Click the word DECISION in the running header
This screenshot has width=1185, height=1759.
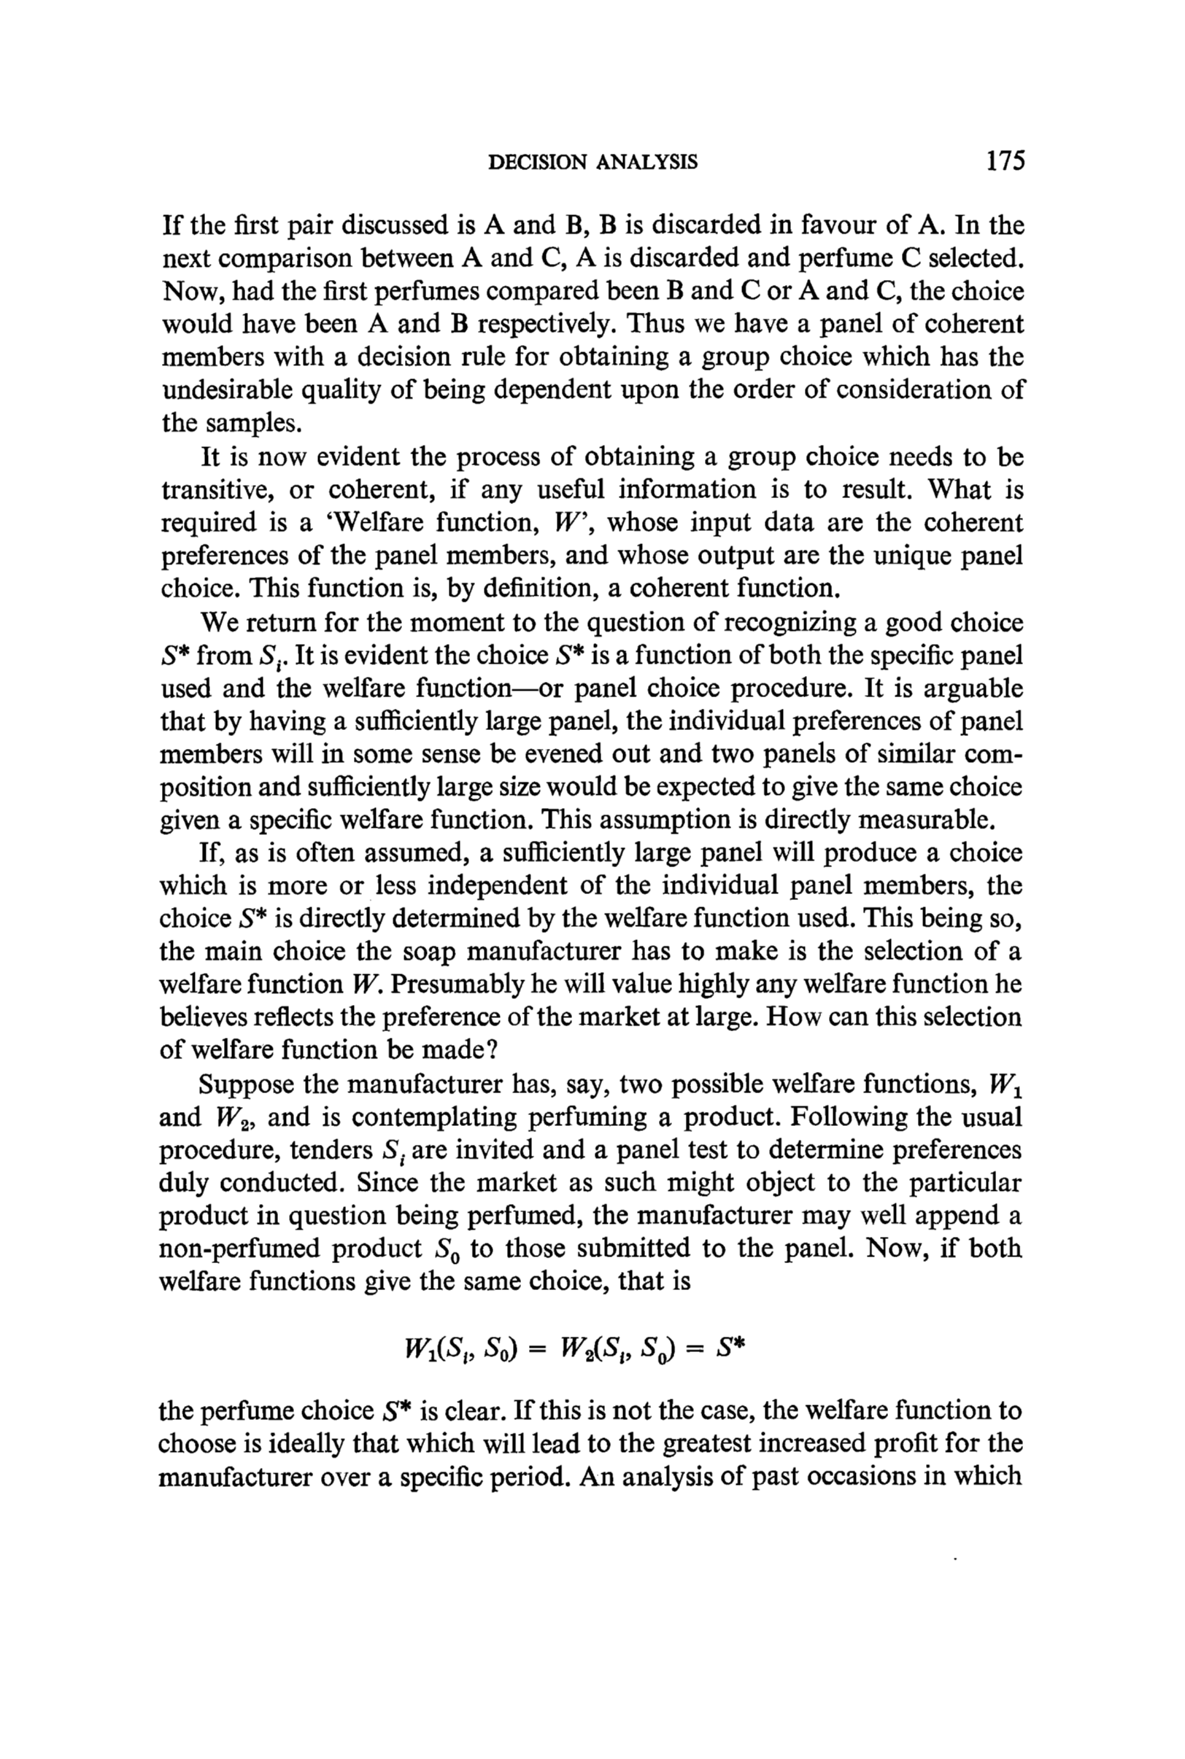[537, 163]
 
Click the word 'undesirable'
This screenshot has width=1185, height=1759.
[227, 389]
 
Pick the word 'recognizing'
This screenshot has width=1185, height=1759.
[765, 622]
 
